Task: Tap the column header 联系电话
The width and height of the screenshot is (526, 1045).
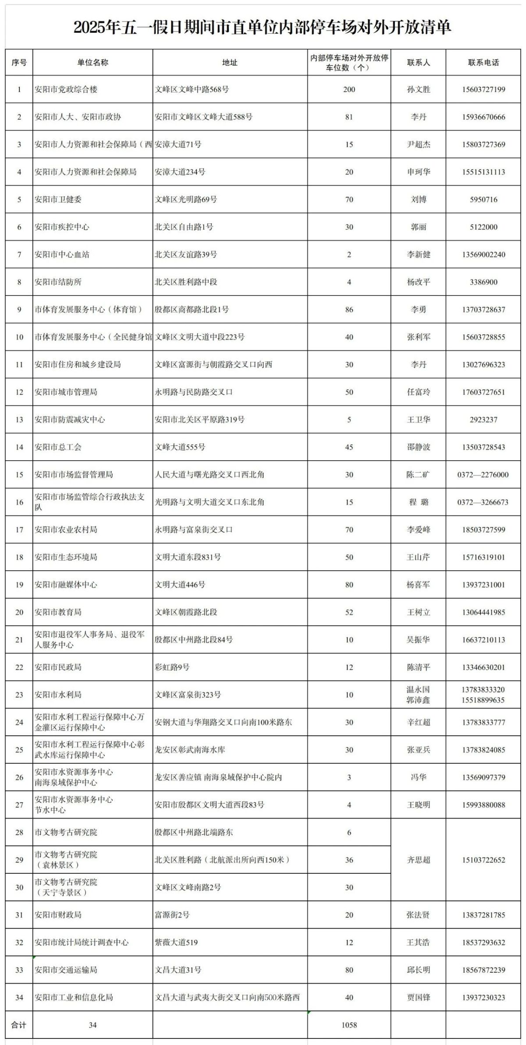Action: point(483,63)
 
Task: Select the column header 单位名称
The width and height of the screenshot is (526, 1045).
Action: point(92,63)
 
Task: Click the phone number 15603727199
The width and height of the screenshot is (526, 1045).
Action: point(483,90)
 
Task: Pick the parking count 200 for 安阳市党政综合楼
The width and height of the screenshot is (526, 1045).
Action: point(349,90)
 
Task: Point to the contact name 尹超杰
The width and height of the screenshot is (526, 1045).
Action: point(418,145)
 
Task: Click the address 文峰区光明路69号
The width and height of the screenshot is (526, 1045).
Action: point(186,200)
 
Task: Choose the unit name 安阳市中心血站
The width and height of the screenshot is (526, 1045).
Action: point(62,254)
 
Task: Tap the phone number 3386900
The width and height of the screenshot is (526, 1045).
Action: point(483,282)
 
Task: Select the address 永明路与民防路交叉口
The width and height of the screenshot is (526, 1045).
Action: point(193,392)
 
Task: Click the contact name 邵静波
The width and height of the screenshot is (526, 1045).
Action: point(418,447)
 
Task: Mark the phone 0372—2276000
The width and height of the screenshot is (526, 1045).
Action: point(483,475)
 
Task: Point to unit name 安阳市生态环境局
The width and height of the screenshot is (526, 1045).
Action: point(66,557)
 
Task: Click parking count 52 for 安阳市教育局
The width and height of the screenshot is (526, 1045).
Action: point(349,612)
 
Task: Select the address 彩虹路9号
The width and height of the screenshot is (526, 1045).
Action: point(172,667)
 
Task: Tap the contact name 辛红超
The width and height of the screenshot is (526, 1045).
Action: point(418,722)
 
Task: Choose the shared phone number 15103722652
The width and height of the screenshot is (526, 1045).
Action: point(483,860)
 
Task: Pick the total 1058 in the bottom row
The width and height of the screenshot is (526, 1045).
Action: point(349,1025)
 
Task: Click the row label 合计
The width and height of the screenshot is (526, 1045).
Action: point(19,1025)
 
